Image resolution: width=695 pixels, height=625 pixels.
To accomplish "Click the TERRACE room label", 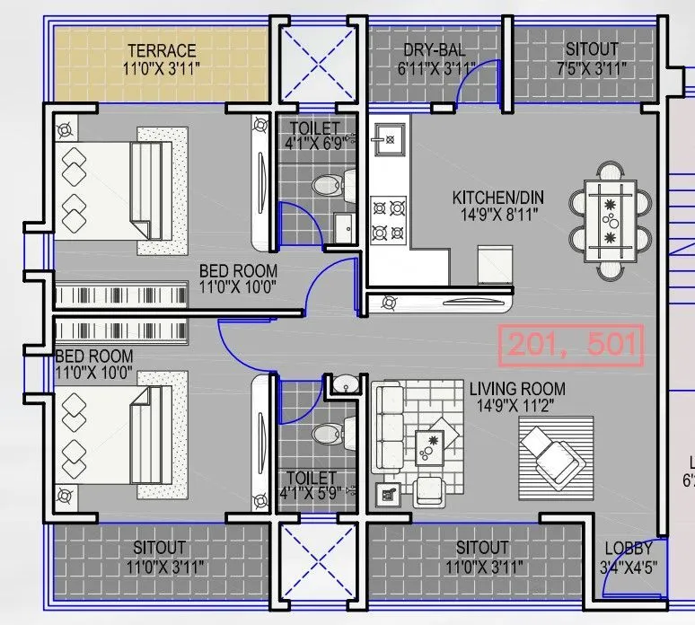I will pos(162,50).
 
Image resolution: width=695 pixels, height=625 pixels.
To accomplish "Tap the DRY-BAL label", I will pos(433,50).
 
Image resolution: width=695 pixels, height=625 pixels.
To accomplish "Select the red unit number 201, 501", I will pos(572,344).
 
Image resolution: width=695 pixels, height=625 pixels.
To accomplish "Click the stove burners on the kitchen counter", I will pos(389,220).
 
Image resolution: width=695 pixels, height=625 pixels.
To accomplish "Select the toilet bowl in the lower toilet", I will pos(324,435).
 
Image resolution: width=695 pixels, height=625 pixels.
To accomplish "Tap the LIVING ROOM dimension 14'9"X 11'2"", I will pos(517,406).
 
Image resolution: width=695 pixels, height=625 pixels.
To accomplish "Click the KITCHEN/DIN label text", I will pos(497,198).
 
